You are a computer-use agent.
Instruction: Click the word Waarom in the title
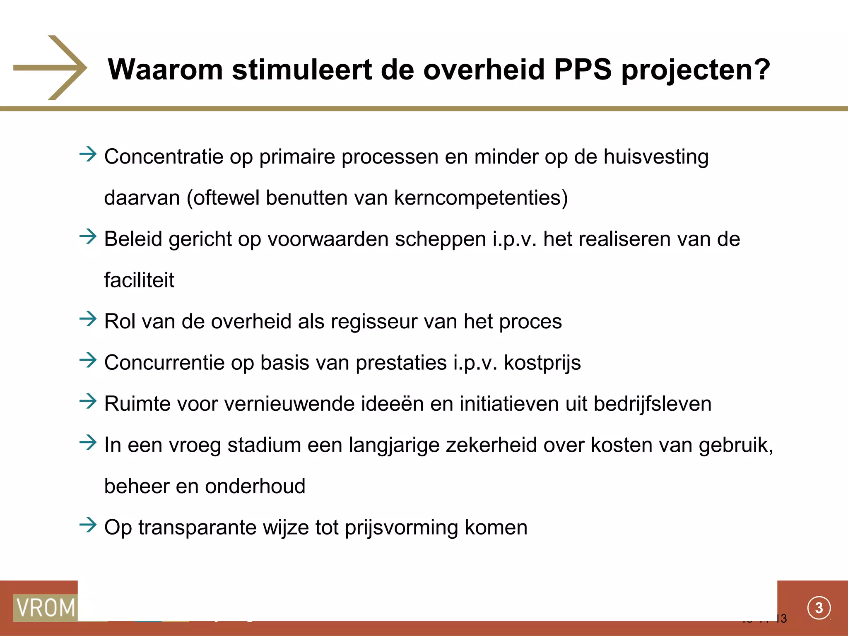coord(165,69)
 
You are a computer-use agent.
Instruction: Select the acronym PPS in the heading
coord(583,69)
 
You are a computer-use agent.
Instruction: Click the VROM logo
coord(46,608)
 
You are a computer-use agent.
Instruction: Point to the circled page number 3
coord(819,608)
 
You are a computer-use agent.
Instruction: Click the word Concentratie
coord(164,157)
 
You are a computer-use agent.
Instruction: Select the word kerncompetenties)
coord(481,198)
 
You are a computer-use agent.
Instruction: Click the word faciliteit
coord(139,280)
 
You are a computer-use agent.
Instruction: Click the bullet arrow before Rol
coord(88,319)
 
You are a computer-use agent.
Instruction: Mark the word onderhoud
coord(255,486)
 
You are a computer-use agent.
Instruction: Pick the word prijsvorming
coord(401,528)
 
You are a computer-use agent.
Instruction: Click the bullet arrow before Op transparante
coord(88,525)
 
